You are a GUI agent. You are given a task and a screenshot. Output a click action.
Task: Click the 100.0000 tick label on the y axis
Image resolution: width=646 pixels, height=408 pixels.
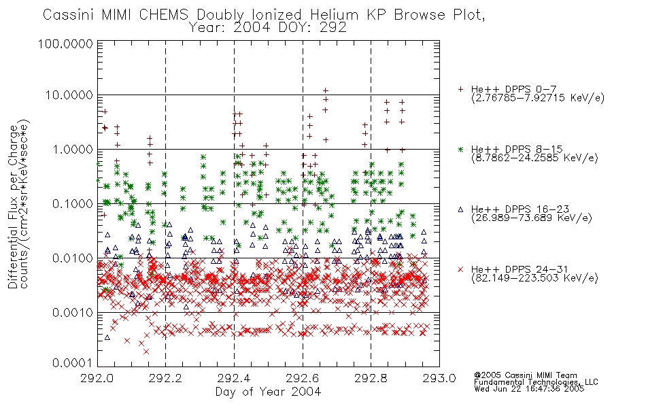pyautogui.click(x=65, y=44)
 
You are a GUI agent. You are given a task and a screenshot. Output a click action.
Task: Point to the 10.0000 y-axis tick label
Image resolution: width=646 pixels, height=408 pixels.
pyautogui.click(x=69, y=95)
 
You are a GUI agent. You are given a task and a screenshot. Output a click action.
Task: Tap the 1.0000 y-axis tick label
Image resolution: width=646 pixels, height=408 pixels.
pyautogui.click(x=72, y=149)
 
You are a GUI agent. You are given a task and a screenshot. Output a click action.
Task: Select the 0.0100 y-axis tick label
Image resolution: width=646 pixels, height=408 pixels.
pyautogui.click(x=72, y=258)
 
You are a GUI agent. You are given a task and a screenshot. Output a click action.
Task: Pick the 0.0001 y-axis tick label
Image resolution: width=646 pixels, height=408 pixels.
pyautogui.click(x=72, y=363)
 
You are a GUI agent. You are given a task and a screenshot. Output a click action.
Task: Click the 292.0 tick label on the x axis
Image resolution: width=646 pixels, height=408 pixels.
pyautogui.click(x=97, y=378)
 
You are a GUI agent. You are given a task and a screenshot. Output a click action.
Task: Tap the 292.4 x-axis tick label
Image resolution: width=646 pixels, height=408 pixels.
pyautogui.click(x=234, y=378)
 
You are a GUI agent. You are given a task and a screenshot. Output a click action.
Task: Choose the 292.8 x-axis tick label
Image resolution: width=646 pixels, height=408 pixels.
pyautogui.click(x=371, y=378)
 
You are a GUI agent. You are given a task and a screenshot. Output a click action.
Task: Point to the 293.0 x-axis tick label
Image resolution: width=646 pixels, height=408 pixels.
pyautogui.click(x=439, y=378)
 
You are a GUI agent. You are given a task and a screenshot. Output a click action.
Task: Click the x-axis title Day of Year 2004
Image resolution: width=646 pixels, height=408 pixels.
pyautogui.click(x=268, y=392)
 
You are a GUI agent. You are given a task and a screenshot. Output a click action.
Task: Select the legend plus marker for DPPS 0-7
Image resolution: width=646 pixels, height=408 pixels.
pyautogui.click(x=460, y=89)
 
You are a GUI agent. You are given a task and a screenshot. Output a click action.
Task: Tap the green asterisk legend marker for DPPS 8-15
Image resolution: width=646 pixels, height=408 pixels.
pyautogui.click(x=460, y=149)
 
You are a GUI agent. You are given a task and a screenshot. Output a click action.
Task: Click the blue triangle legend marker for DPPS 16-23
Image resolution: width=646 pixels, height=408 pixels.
pyautogui.click(x=460, y=209)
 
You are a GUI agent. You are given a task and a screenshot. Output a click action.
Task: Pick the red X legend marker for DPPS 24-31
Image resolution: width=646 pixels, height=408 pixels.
pyautogui.click(x=460, y=269)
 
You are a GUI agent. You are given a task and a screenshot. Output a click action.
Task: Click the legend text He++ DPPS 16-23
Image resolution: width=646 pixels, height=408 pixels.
pyautogui.click(x=520, y=209)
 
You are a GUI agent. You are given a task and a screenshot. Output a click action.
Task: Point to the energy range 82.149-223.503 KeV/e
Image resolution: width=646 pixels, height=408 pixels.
pyautogui.click(x=534, y=278)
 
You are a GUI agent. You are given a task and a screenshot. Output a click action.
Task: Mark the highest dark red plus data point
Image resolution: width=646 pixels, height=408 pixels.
pyautogui.click(x=326, y=90)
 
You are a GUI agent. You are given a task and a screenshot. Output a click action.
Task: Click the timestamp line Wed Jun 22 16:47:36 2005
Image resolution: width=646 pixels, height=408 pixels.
pyautogui.click(x=529, y=389)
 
